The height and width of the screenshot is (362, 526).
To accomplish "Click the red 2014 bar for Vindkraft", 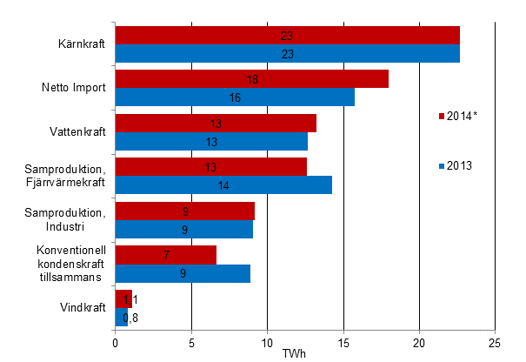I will (123, 298).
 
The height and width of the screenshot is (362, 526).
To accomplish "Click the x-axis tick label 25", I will (495, 342).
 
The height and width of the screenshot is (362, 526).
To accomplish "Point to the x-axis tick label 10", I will (267, 342).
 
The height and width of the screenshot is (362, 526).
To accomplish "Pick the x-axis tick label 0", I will (116, 342).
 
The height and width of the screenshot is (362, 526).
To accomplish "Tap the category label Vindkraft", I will (83, 307).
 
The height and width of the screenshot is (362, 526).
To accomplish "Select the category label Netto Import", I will (74, 88).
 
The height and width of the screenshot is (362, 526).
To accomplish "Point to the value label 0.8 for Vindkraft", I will (131, 317).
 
